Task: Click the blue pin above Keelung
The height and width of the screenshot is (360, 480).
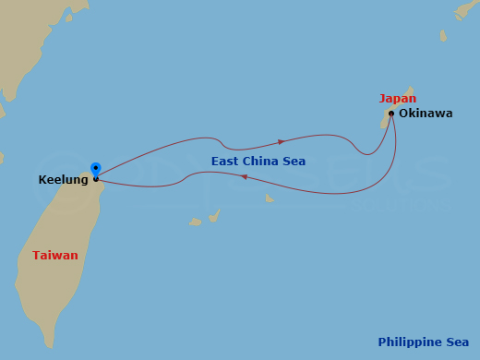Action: [95, 169]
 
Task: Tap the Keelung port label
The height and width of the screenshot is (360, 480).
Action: [63, 180]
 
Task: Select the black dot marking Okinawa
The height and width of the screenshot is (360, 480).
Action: [391, 114]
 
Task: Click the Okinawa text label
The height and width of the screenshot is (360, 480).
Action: [426, 114]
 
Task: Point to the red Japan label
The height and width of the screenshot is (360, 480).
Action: [397, 99]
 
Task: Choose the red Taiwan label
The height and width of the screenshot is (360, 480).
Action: [55, 255]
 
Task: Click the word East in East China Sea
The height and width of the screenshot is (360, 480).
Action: [225, 162]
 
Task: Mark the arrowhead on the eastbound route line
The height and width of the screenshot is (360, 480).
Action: [282, 141]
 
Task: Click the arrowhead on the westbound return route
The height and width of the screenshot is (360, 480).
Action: [244, 176]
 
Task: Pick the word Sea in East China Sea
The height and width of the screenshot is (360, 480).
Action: [294, 162]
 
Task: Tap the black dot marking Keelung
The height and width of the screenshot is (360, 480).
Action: [96, 179]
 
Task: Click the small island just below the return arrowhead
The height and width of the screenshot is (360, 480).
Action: [269, 198]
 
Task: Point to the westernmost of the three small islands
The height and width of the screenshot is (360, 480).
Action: [195, 222]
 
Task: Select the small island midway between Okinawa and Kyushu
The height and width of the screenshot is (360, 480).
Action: [443, 36]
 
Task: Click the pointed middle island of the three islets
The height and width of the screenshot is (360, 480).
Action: [214, 216]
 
